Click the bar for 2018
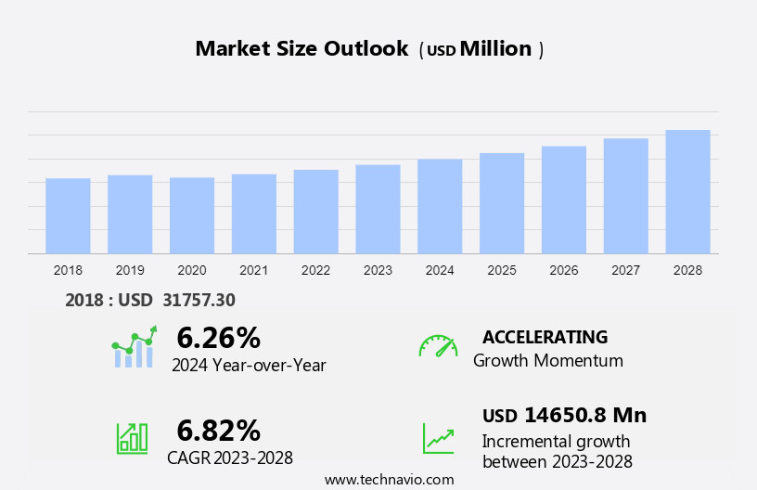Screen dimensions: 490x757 [68, 215]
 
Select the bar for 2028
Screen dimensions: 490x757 [687, 191]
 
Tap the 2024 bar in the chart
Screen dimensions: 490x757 [440, 206]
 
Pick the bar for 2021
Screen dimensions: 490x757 [254, 213]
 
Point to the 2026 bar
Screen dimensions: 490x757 [564, 200]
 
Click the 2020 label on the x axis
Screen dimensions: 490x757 [192, 270]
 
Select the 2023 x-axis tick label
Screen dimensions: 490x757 [378, 270]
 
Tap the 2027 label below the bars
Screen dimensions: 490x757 [625, 270]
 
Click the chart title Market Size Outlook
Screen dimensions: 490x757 [302, 49]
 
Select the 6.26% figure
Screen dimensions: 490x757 [218, 338]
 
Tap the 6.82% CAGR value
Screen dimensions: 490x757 [218, 431]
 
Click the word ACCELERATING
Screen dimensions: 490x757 [545, 337]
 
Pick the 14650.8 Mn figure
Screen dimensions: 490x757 [584, 415]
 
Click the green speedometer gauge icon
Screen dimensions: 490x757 [438, 346]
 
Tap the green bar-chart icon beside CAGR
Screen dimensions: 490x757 [132, 438]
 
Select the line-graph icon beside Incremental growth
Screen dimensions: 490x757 [438, 438]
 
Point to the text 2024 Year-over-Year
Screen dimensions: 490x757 [249, 366]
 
